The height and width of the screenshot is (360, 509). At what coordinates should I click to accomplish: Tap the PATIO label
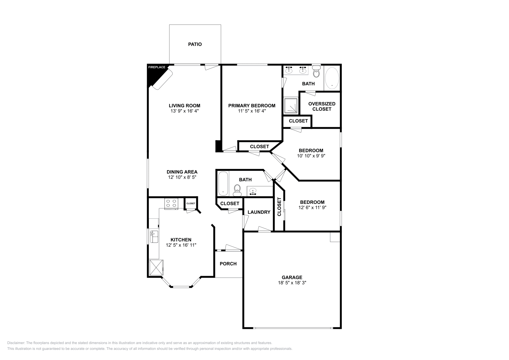click(195, 44)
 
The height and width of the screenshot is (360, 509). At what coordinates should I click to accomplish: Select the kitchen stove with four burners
click(171, 203)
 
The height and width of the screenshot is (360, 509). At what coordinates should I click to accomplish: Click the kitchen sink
click(154, 237)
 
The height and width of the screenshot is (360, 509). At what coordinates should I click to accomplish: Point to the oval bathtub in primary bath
click(332, 77)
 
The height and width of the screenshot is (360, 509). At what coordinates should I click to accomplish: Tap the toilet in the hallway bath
click(237, 190)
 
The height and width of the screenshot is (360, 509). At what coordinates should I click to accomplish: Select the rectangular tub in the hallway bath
click(223, 184)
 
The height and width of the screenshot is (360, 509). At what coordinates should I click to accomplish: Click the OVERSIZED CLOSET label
click(322, 106)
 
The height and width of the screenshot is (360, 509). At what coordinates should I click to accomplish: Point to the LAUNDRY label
click(259, 212)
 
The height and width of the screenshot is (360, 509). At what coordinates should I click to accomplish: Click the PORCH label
click(228, 264)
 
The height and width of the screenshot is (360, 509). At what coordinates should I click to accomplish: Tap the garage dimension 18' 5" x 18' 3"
click(292, 283)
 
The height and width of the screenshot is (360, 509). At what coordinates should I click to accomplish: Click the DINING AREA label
click(182, 172)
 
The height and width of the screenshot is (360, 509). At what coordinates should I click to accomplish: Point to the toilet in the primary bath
click(316, 73)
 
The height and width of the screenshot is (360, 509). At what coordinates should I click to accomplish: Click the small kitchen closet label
click(191, 204)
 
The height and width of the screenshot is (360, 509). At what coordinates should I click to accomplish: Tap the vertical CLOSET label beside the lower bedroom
click(279, 207)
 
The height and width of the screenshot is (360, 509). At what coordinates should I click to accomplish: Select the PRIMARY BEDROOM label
click(252, 106)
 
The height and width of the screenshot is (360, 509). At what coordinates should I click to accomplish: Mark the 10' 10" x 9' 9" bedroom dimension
click(311, 156)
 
